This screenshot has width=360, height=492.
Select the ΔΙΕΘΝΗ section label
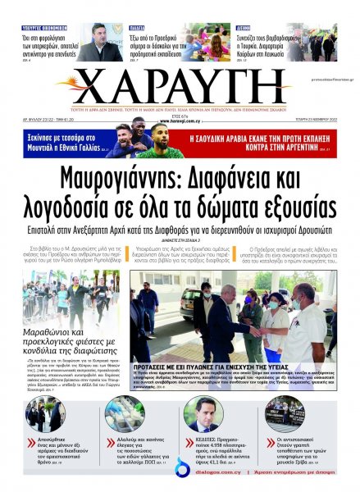(242, 26)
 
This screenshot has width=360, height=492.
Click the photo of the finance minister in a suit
(93, 42)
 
